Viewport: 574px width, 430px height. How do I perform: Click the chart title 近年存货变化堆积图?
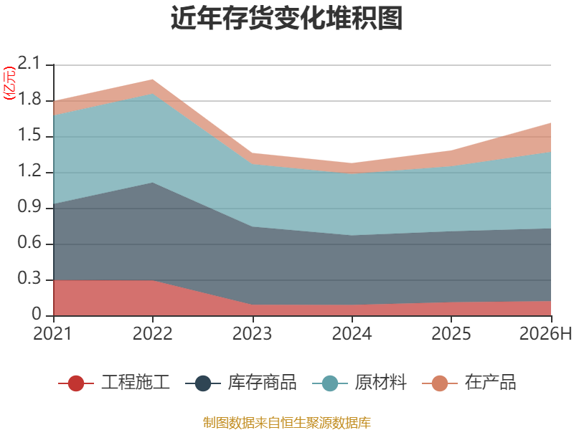[x=286, y=18]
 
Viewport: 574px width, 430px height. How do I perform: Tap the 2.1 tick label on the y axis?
[x=29, y=63]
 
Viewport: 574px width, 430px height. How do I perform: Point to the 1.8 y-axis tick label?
[x=29, y=99]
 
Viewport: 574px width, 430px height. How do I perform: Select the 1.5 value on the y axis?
[x=29, y=135]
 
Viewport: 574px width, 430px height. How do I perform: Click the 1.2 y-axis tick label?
[x=29, y=171]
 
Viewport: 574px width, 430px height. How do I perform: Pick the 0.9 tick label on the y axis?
[x=29, y=206]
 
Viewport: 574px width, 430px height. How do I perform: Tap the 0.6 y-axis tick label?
[x=29, y=242]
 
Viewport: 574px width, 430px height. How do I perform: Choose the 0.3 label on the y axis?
[x=29, y=278]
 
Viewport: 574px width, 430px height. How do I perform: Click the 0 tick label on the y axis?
[x=36, y=314]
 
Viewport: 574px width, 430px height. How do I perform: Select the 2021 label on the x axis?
[x=53, y=333]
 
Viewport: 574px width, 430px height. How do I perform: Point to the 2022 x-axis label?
[x=153, y=333]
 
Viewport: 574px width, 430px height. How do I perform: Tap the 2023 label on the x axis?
[x=253, y=333]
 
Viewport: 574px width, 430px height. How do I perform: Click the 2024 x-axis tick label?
[x=352, y=333]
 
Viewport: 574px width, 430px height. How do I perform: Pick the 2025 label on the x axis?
[x=451, y=333]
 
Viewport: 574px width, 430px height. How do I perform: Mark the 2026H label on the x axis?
[x=545, y=333]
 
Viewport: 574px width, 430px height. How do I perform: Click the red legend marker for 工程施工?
[x=76, y=383]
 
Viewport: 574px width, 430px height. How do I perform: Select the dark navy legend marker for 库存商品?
[x=203, y=383]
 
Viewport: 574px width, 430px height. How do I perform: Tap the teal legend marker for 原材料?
[x=330, y=383]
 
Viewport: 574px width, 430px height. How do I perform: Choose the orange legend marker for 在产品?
[x=440, y=383]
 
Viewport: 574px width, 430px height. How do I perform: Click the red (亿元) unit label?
[x=9, y=83]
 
